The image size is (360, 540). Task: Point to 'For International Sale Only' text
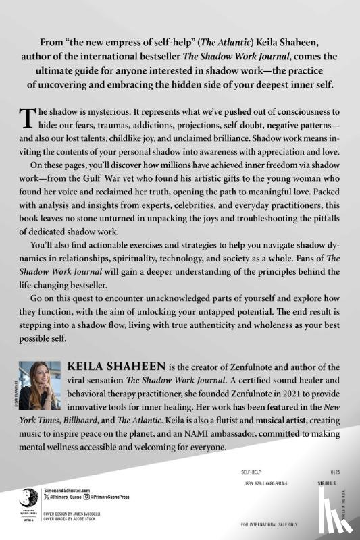pyautogui.click(x=269, y=524)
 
